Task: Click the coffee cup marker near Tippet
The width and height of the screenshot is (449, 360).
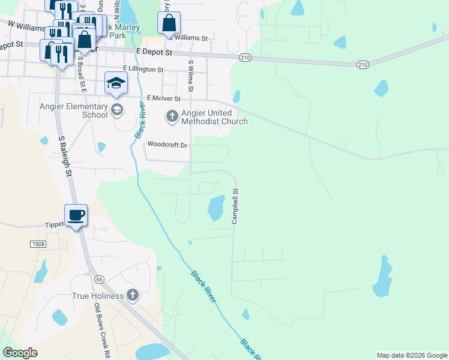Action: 76,215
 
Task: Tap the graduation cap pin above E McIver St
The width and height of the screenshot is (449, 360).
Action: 116,83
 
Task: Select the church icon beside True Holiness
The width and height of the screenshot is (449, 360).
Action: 133,295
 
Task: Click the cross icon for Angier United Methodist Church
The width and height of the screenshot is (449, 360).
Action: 172,115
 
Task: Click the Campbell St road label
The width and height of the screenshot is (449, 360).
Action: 235,207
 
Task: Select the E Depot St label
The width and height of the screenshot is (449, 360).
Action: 154,52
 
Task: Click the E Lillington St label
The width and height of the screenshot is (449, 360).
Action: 143,70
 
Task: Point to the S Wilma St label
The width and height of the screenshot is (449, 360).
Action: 191,75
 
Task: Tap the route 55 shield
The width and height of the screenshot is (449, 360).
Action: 99,279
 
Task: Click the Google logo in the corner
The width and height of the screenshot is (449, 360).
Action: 20,353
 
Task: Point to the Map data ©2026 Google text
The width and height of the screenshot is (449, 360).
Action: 412,355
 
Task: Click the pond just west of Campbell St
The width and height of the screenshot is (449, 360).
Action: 216,208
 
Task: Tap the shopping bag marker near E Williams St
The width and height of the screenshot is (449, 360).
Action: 169,23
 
